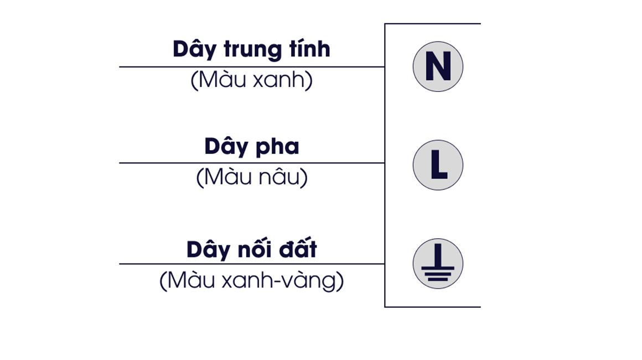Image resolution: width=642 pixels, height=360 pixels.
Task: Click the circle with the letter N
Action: coord(438,66)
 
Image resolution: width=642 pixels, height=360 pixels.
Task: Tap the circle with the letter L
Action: coord(438,165)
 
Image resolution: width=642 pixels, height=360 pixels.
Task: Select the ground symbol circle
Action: coord(438,264)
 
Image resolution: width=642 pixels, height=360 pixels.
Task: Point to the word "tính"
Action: coord(309,48)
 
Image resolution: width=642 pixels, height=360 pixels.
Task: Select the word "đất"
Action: coord(298,248)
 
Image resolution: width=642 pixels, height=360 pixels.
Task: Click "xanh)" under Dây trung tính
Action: coord(283,79)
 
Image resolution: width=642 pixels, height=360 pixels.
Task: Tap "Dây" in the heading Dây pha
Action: coord(225,147)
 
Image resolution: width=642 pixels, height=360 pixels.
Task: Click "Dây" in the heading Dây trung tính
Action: coord(194,50)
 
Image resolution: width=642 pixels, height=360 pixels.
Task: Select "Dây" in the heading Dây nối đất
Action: coord(208,250)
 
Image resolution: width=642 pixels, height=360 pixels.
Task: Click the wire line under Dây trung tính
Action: coord(252,66)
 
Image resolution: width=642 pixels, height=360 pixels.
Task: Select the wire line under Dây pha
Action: coord(252,163)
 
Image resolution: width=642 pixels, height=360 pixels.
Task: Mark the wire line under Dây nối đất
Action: coord(252,264)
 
